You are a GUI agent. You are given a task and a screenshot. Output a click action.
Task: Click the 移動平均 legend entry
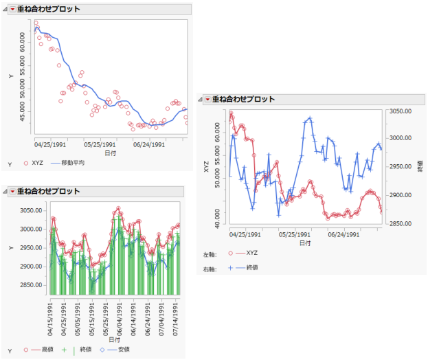pos(72,164)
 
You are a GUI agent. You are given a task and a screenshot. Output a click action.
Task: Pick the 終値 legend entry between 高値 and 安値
pos(85,349)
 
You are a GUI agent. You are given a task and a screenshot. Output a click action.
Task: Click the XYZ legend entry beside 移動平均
pos(37,164)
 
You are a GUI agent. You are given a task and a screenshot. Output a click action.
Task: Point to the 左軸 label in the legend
pos(210,254)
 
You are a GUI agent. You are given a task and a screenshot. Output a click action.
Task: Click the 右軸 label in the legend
pos(210,267)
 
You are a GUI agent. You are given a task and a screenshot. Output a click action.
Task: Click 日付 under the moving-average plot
pos(110,154)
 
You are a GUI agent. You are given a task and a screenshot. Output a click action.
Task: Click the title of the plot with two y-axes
pos(244,99)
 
